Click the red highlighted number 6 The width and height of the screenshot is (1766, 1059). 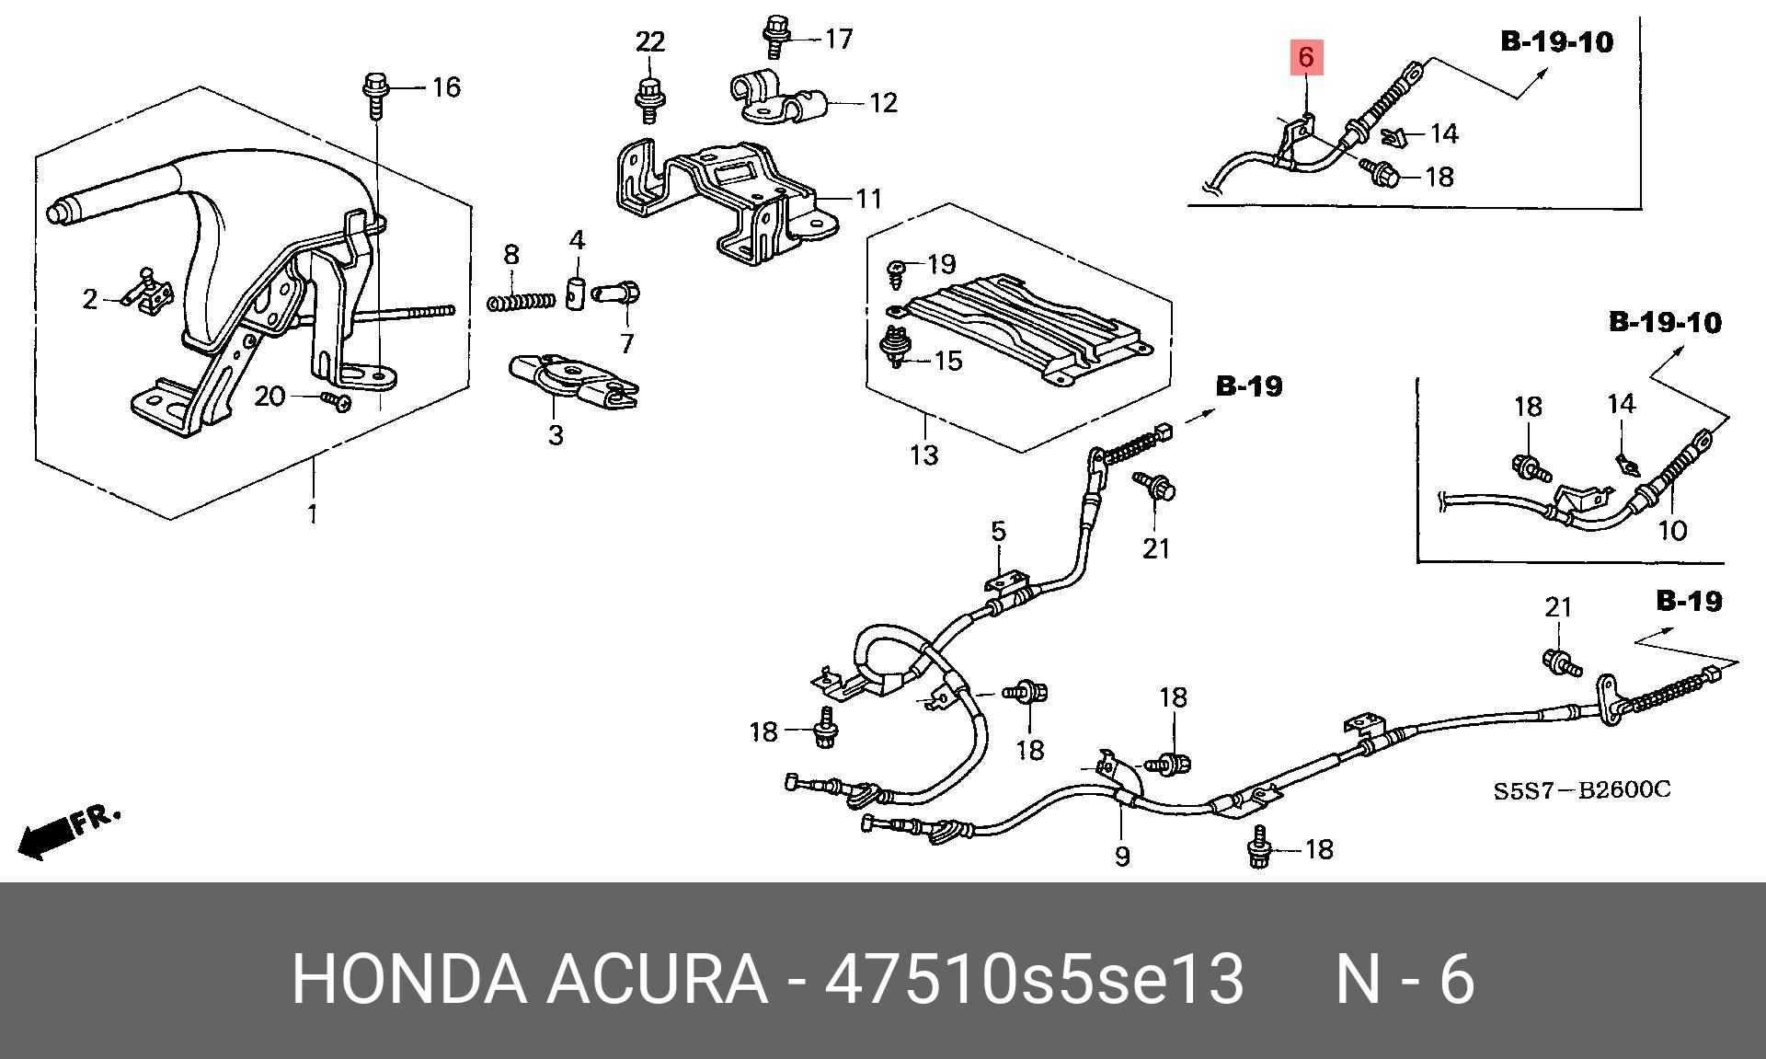pos(1306,57)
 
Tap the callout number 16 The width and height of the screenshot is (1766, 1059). pos(446,87)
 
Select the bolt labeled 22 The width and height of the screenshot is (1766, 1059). pos(649,97)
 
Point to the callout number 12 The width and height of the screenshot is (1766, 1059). pos(883,102)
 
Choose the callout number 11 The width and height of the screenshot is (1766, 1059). pos(869,198)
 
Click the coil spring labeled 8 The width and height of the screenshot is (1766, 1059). pos(521,301)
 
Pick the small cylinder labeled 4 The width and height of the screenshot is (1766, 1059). pos(577,294)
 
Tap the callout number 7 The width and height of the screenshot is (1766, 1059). pos(627,343)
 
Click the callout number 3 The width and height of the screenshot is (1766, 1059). pos(556,433)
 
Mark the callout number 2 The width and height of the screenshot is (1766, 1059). pos(89,299)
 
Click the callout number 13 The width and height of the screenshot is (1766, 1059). pos(923,455)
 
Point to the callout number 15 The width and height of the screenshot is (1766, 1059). pos(948,360)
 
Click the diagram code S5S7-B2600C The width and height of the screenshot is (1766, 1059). pos(1581,790)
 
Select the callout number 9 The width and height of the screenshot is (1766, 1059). pos(1122,857)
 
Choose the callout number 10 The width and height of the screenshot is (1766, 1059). pos(1672,530)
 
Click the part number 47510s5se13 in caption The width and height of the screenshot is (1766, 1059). pos(1034,979)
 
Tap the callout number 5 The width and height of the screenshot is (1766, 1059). pos(999,531)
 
